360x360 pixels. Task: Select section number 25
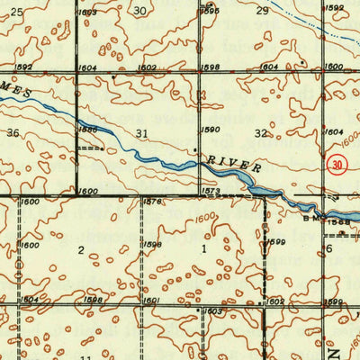(x=16, y=11)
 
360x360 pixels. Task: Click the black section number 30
(x=139, y=11)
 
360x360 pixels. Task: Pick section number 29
(x=262, y=11)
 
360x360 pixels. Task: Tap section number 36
(x=13, y=133)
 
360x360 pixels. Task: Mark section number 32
(x=262, y=133)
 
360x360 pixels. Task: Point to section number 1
(x=203, y=247)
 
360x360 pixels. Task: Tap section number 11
(x=86, y=357)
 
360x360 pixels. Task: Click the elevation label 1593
(x=87, y=13)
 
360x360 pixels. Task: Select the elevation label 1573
(x=211, y=192)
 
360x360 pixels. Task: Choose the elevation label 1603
(x=214, y=311)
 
